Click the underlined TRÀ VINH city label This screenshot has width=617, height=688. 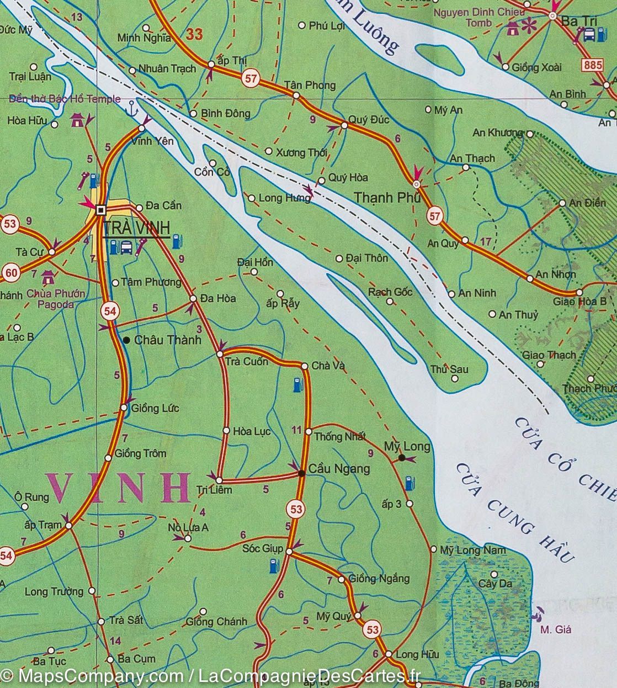point(136,228)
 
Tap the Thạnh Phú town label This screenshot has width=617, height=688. point(387,197)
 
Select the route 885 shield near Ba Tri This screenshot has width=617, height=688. point(592,65)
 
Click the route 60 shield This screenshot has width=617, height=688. point(10,272)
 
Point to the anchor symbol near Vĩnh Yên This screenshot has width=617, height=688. point(131,107)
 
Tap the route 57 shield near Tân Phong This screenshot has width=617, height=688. point(251,79)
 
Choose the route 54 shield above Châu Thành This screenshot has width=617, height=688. point(109,311)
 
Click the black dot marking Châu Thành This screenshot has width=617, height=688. point(126,340)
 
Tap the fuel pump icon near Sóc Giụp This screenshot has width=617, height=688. point(273,565)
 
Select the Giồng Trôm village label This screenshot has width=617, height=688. point(141,453)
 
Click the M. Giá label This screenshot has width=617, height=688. point(555,629)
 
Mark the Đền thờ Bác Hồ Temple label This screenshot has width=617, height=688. point(65,99)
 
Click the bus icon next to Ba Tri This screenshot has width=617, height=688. point(589,35)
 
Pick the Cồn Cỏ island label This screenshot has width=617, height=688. point(212,172)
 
